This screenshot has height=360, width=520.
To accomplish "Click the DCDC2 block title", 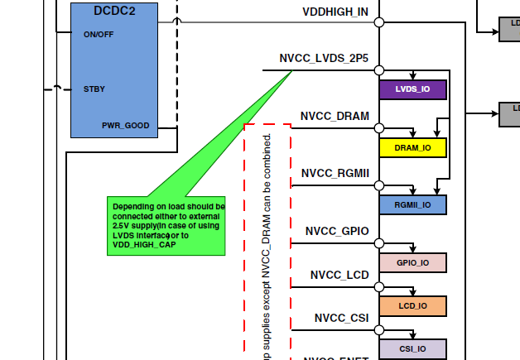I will tap(113, 10).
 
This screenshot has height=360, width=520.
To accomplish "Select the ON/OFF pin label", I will tap(99, 35).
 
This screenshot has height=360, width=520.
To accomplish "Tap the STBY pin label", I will tap(94, 89).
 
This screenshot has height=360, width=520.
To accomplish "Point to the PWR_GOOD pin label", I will tap(126, 126).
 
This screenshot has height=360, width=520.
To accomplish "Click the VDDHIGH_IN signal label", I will tap(336, 12).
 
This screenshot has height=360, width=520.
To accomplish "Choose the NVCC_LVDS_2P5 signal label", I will tap(325, 59).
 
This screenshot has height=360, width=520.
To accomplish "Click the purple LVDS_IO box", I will tap(412, 89).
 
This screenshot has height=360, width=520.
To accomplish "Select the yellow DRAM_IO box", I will tap(412, 147).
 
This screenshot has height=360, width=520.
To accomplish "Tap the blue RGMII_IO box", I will tap(412, 204).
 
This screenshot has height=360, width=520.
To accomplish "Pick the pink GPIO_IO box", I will tap(412, 262).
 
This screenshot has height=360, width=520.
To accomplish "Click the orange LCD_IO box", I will tap(412, 305).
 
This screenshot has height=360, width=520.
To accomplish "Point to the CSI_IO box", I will tap(412, 348).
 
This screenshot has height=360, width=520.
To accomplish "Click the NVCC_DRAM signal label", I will tap(335, 117).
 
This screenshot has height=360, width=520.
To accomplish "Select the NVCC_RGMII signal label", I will tap(335, 174).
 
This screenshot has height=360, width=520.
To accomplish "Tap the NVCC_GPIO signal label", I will tap(337, 231).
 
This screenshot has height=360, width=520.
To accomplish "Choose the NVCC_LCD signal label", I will tap(339, 275).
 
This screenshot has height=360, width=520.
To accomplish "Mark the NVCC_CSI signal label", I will tap(341, 318).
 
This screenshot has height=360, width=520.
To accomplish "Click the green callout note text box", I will tap(167, 225).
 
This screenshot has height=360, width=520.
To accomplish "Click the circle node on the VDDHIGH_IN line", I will tap(379, 22).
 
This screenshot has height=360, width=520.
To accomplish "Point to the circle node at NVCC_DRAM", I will tap(379, 127).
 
